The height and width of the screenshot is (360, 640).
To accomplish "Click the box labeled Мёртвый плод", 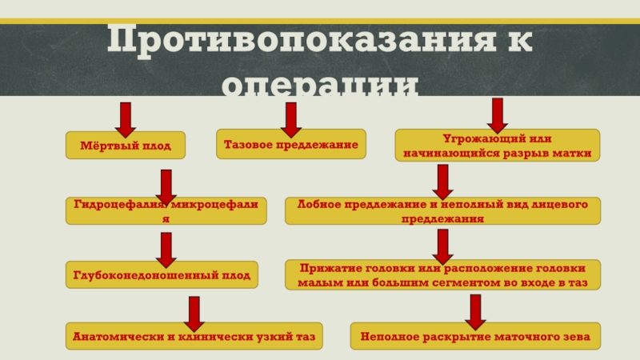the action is (124, 146).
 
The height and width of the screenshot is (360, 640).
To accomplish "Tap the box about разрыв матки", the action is (498, 146).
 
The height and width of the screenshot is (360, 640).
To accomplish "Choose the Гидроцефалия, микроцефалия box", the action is (166, 211).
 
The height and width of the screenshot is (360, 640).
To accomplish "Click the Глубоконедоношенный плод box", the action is (162, 275).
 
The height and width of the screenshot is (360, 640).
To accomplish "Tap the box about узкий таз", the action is (193, 338).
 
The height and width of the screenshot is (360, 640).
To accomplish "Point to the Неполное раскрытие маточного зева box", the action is (474, 338).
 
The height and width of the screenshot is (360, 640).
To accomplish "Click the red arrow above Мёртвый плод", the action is (125, 119).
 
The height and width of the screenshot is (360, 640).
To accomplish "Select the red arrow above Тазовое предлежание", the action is (290, 119).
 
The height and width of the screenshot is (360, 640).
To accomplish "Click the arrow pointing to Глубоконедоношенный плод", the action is (166, 250).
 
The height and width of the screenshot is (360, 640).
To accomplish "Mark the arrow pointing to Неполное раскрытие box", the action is (474, 312).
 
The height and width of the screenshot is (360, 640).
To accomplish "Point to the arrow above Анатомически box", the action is (193, 313).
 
